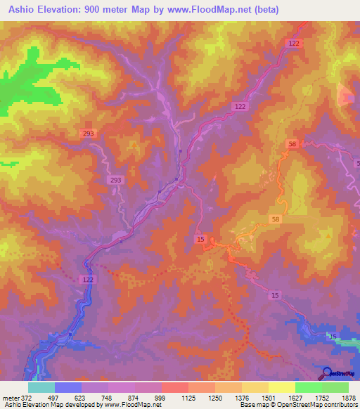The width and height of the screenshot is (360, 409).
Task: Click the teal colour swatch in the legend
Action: pyautogui.click(x=41, y=387)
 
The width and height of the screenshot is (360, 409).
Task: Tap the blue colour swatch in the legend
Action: pyautogui.click(x=68, y=387)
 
